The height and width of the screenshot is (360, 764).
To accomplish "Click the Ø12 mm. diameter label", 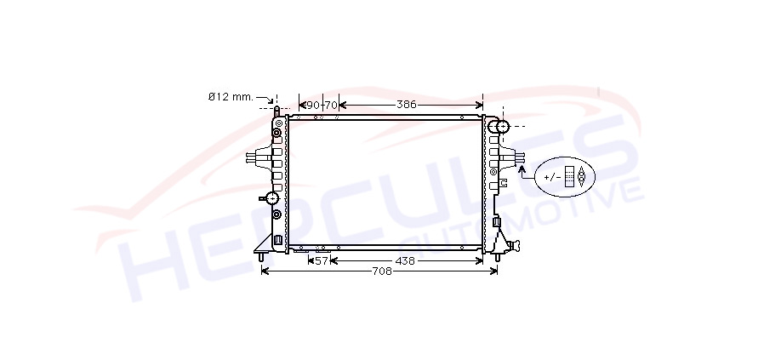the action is pos(231,97).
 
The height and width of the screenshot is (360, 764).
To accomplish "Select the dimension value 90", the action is pos(313,106).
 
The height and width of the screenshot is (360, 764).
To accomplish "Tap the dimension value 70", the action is pos(331,106).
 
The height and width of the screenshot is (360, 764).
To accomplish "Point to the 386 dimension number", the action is pos(407,105).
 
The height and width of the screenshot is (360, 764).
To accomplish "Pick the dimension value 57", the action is pos(321,261).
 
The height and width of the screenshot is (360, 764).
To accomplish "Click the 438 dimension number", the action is pos(405,261).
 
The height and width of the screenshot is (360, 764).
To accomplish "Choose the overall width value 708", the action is pos(382,271).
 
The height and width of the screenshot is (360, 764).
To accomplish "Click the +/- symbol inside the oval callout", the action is pos(552,177).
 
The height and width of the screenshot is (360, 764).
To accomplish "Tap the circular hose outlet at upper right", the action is pos(501,126).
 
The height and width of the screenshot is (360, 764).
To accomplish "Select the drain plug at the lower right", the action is pos(512,246).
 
